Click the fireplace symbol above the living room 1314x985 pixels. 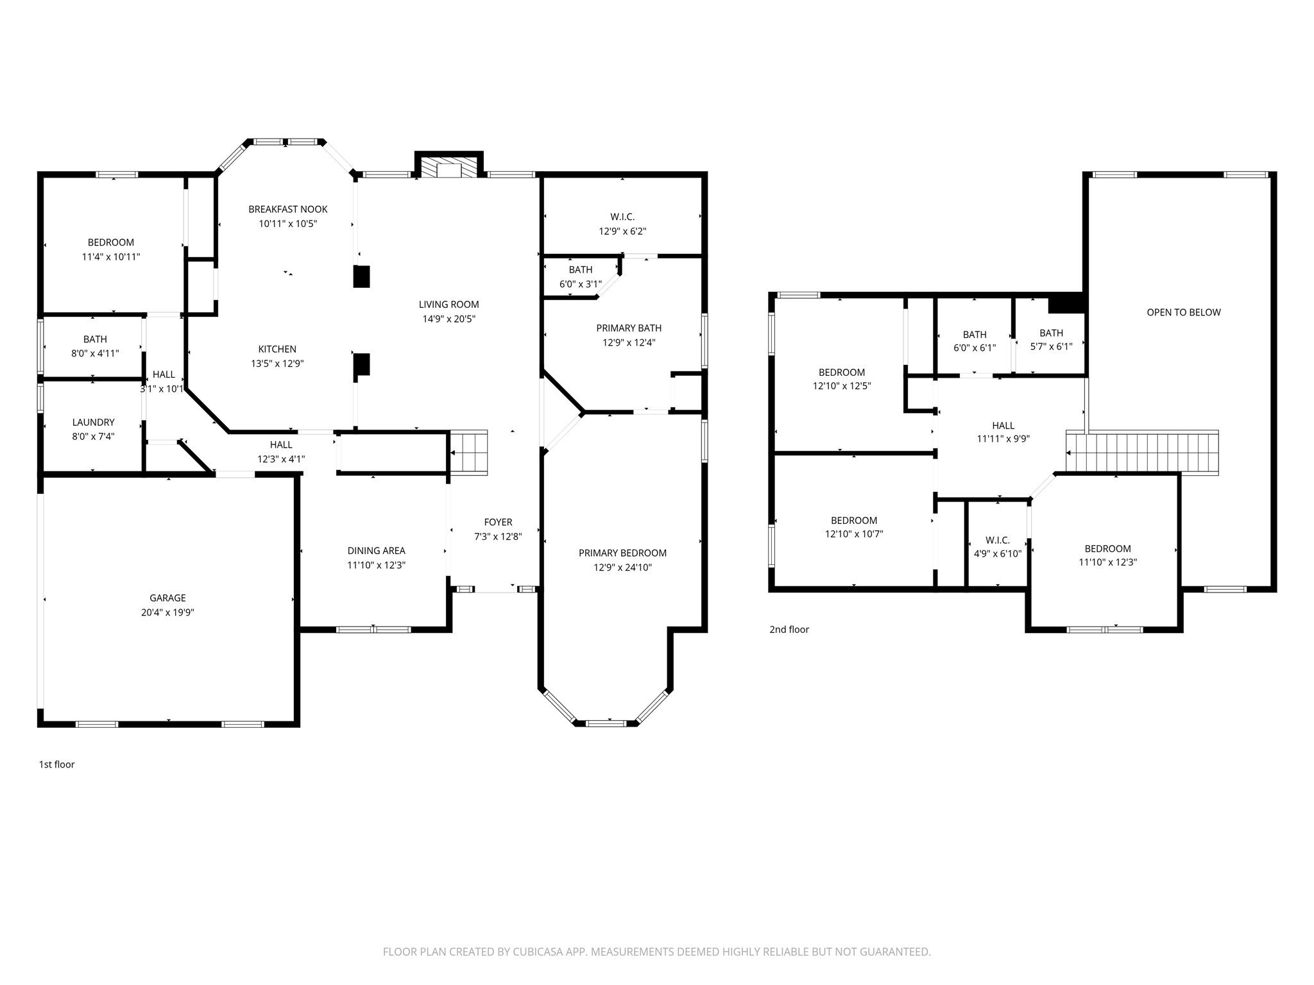[x=448, y=165]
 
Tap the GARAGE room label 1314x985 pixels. [x=168, y=598]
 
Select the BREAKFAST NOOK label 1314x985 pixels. [x=288, y=209]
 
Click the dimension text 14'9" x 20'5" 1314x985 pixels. [x=448, y=319]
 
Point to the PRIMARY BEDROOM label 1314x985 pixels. [x=622, y=553]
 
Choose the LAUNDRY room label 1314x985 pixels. [x=94, y=422]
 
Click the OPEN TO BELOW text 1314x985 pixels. [x=1184, y=312]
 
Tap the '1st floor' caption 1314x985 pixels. [x=57, y=764]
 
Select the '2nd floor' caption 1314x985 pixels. [x=789, y=630]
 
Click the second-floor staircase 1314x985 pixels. [x=1142, y=453]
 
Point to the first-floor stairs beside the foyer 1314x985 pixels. [x=468, y=452]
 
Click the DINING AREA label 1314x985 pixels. [x=377, y=551]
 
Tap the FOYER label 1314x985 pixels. [x=498, y=523]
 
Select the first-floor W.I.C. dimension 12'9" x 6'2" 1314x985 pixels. [x=622, y=232]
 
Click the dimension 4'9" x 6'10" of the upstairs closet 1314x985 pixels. [x=998, y=554]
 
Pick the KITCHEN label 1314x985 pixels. [x=277, y=349]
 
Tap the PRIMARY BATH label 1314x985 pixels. [x=629, y=328]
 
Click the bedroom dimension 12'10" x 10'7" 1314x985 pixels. [x=854, y=534]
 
